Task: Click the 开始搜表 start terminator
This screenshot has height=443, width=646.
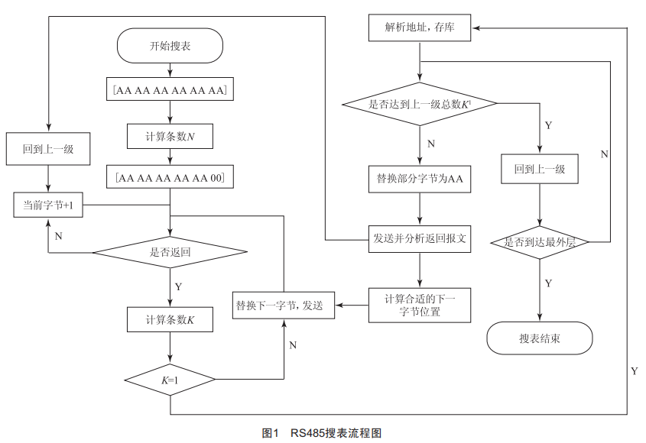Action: [x=170, y=47]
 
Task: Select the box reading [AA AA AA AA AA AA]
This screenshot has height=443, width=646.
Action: [x=170, y=91]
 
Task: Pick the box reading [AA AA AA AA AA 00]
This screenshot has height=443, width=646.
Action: [x=170, y=179]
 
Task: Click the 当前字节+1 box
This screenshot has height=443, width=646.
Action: [x=49, y=205]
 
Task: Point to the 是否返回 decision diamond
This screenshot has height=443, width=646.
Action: [x=170, y=251]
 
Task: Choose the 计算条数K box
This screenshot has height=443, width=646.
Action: [x=170, y=319]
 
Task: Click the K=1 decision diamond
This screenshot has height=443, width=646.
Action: [x=170, y=378]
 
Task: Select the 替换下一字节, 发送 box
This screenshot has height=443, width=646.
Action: [x=284, y=306]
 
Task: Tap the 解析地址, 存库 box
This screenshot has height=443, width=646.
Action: [x=420, y=29]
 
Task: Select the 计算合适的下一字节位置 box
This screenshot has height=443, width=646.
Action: [x=420, y=304]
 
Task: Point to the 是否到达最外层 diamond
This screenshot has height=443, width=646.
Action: [x=540, y=243]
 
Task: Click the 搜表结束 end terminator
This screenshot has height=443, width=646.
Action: [x=540, y=338]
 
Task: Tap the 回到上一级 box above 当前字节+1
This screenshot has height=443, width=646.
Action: [x=49, y=148]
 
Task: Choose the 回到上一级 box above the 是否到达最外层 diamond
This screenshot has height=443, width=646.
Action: [x=540, y=169]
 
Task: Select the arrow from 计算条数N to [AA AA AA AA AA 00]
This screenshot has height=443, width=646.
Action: [x=170, y=157]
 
